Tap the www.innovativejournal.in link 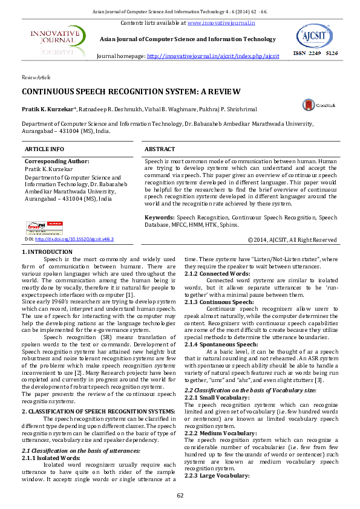(221, 23)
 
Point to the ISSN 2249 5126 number (315, 53)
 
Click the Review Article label (36, 78)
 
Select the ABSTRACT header (160, 149)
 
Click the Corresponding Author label (57, 161)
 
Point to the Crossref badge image (44, 228)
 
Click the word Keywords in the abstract (160, 216)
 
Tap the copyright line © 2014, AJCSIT (292, 240)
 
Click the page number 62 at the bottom (180, 496)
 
